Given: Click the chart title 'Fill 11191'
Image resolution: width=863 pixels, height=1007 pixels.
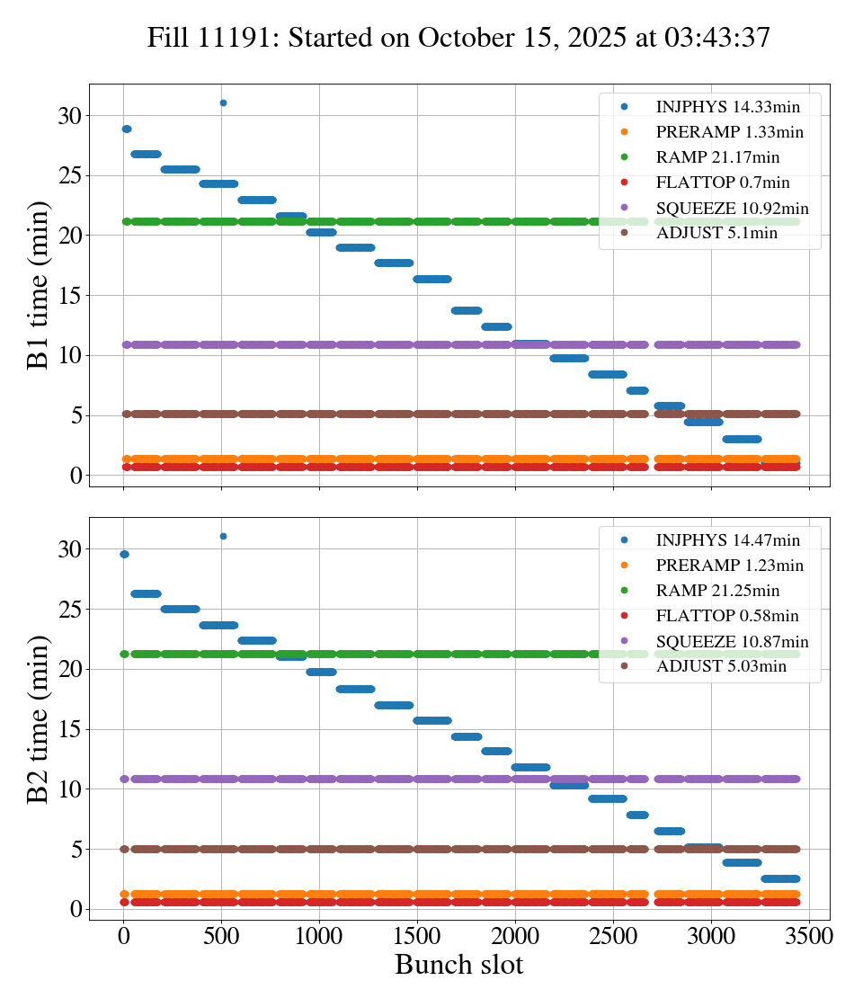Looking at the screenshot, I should [x=458, y=38].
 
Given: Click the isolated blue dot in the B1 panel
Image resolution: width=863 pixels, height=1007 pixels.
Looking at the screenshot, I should [x=223, y=102].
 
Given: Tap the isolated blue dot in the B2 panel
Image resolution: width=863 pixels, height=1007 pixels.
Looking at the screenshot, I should [x=223, y=536].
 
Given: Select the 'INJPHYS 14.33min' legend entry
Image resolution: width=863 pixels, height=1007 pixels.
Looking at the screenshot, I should [x=727, y=107].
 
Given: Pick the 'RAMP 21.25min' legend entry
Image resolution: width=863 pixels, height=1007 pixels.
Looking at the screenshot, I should [x=717, y=591].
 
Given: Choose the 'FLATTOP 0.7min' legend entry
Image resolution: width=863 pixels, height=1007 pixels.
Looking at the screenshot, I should [x=723, y=183].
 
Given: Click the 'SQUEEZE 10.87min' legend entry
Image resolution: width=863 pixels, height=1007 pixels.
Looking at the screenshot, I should [x=732, y=642].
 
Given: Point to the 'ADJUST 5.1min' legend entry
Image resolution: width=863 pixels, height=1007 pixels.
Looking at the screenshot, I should [x=716, y=235].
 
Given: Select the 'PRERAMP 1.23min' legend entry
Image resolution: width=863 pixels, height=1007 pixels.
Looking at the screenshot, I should [x=729, y=566].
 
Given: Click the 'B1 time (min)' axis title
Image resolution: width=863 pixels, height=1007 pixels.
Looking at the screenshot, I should [x=38, y=285].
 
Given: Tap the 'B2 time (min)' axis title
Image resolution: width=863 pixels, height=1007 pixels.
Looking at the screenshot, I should [x=38, y=718].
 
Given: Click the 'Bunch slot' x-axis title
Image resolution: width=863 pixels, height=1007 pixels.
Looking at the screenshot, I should [x=458, y=966].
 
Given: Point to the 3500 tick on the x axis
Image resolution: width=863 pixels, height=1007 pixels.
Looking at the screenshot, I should [x=810, y=936].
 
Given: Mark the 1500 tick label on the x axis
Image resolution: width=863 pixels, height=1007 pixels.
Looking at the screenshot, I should [x=418, y=936].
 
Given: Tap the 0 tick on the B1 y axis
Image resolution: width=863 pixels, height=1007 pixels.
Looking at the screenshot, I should [x=76, y=476].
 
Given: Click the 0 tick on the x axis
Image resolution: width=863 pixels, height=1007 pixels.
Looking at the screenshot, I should [x=124, y=936].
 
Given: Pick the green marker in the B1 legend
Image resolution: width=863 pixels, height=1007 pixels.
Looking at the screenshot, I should [x=624, y=157].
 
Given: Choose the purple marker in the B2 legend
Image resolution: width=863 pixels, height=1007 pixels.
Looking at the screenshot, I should [x=624, y=642].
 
